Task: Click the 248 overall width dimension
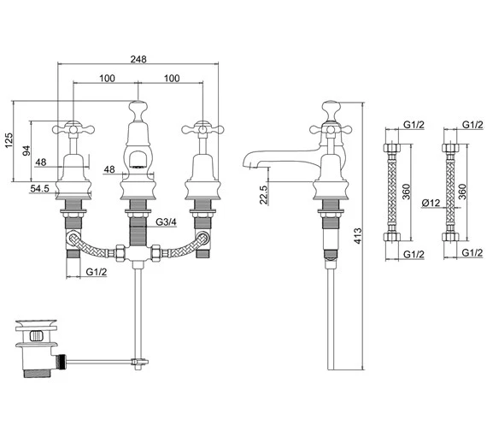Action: coord(138,59)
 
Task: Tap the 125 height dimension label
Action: coord(9,140)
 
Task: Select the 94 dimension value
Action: coord(26,151)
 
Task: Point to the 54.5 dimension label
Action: coord(40,188)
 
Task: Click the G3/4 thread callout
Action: coord(166,221)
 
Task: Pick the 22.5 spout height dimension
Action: coord(263,195)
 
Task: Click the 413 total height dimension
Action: coord(358,236)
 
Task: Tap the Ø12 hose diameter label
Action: coord(431,203)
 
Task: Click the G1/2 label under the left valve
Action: coord(97,272)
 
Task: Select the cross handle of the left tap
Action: coord(73,129)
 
